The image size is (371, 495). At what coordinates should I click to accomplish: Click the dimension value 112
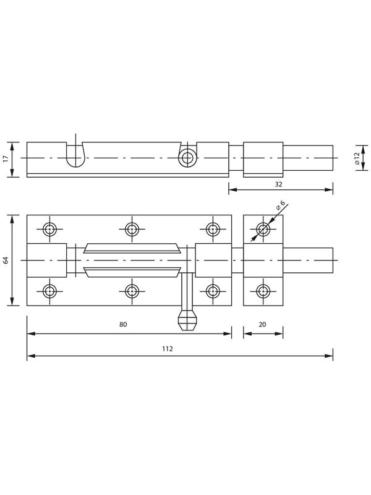(168, 348)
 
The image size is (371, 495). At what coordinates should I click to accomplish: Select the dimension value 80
(123, 324)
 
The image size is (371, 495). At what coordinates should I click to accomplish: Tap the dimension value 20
(262, 324)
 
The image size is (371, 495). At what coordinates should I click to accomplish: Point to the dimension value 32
(278, 184)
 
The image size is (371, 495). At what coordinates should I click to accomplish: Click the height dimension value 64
(6, 260)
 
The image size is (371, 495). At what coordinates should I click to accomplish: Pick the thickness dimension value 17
(6, 159)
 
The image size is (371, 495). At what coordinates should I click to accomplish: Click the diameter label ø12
(357, 158)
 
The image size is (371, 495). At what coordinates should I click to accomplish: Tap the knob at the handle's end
(189, 321)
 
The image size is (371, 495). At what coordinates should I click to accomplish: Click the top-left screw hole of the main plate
(50, 229)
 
